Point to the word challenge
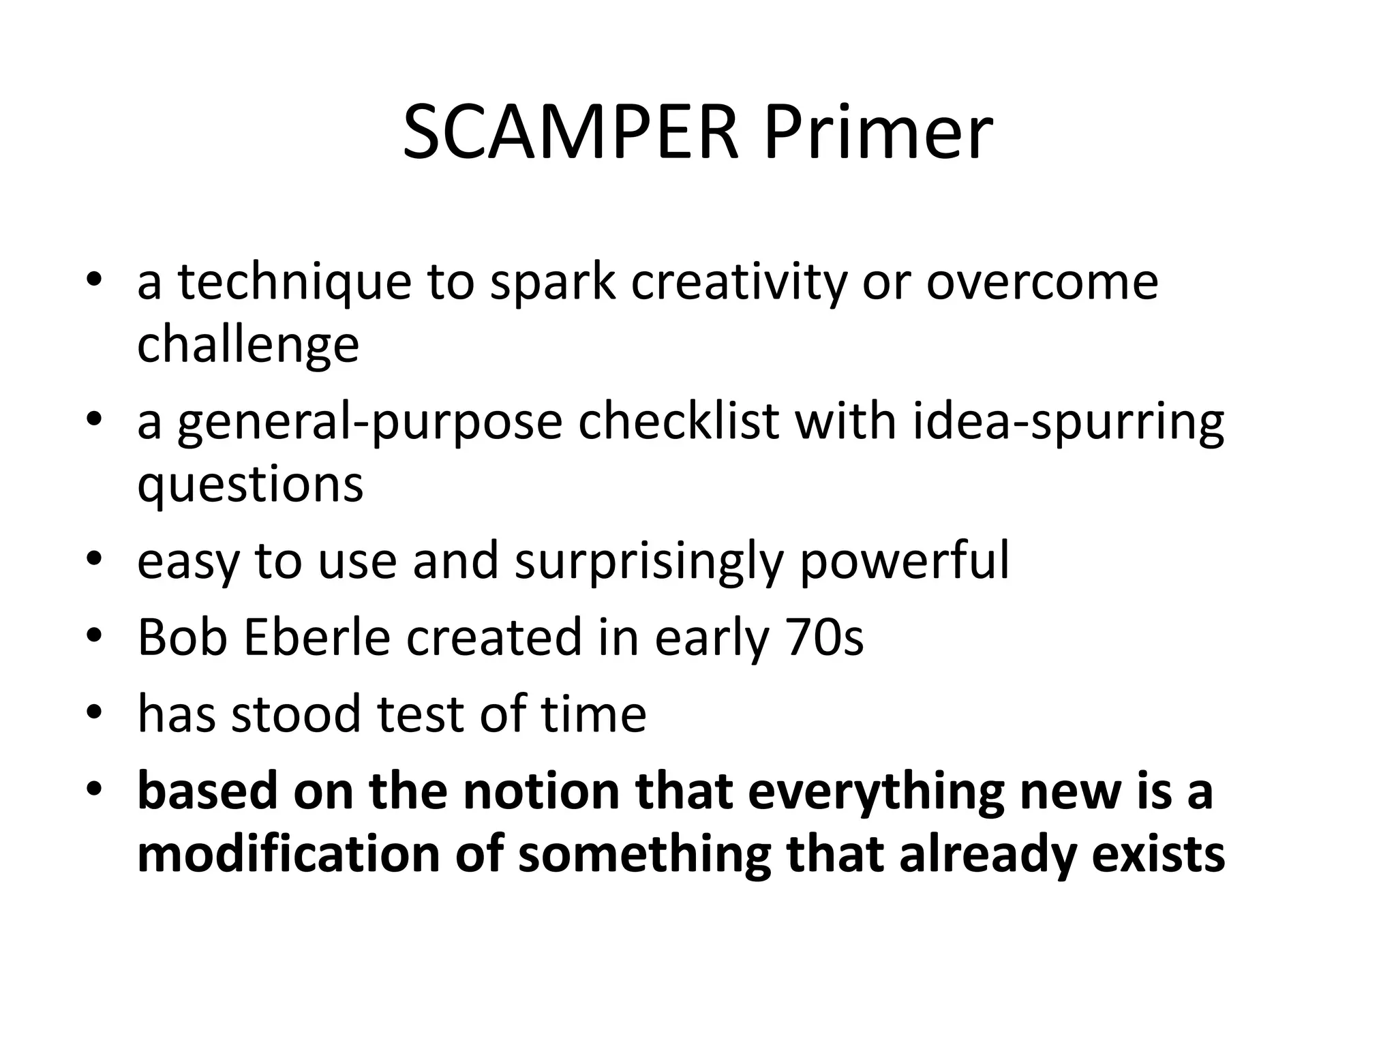pyautogui.click(x=248, y=345)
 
